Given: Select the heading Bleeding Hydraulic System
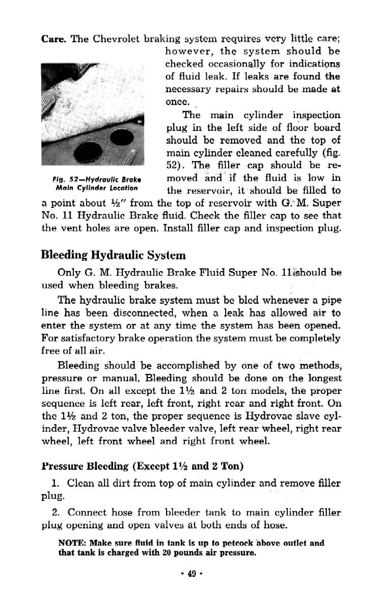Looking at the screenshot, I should point(113,254).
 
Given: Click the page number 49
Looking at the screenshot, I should point(192,573).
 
